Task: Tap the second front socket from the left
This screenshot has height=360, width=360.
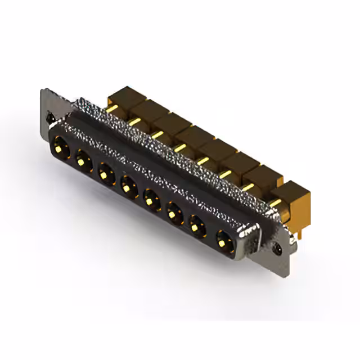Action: click(83, 161)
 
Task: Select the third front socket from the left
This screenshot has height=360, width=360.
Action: click(106, 172)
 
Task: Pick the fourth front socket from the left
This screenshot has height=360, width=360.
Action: click(129, 184)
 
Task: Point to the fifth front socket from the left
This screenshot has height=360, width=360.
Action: click(151, 197)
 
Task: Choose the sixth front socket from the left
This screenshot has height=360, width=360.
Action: click(174, 212)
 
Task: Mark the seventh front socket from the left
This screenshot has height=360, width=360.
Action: click(197, 227)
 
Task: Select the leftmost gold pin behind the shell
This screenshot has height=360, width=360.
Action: click(112, 108)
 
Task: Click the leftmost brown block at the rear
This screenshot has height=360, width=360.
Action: click(125, 98)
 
